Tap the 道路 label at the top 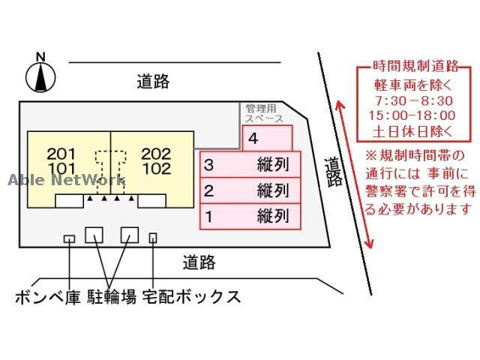point(153,82)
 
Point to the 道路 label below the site point(199,262)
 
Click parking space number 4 point(266,138)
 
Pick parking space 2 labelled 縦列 point(250,190)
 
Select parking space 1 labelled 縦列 point(250,217)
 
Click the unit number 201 point(61,154)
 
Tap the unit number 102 point(156,169)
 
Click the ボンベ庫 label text point(47,297)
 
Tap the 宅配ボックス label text point(192,297)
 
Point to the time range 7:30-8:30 point(412,100)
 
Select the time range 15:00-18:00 point(412,115)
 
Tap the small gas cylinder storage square point(69,238)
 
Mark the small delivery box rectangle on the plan point(153,238)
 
